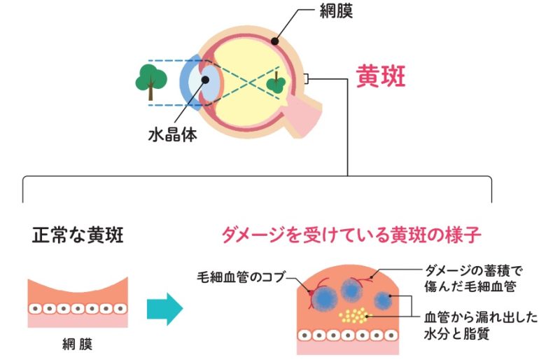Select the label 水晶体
point(172,134)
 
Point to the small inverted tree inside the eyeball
point(276,84)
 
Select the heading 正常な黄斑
point(78,235)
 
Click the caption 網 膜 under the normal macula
point(77,345)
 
